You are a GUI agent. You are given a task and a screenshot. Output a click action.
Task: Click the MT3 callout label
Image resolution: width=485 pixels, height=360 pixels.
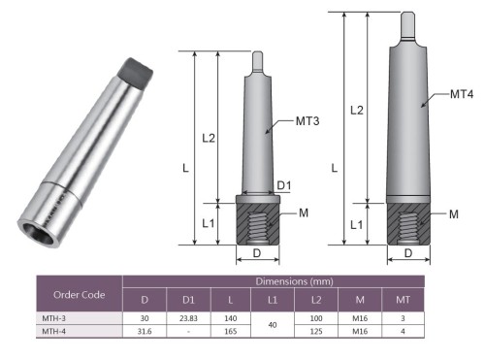click(307, 121)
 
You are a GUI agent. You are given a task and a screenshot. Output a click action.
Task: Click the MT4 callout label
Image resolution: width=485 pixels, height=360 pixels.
click(462, 94)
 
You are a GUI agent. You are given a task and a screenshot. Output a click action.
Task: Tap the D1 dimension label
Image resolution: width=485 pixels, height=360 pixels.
click(284, 185)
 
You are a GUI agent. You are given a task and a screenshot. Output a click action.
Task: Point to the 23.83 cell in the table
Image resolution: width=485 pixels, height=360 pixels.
click(188, 318)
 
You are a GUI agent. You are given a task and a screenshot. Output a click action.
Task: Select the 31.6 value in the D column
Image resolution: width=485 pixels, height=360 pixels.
click(145, 331)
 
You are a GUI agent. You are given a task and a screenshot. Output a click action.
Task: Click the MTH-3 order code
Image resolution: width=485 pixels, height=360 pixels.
click(53, 318)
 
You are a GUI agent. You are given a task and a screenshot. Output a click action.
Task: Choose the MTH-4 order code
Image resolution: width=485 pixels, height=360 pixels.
click(53, 331)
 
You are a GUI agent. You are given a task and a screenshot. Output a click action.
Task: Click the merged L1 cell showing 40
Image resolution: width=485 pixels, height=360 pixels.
click(273, 325)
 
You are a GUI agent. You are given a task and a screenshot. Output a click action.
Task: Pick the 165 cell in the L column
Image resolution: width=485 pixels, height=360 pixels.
click(231, 331)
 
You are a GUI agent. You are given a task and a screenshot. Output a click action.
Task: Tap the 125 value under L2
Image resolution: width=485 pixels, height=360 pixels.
click(316, 331)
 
